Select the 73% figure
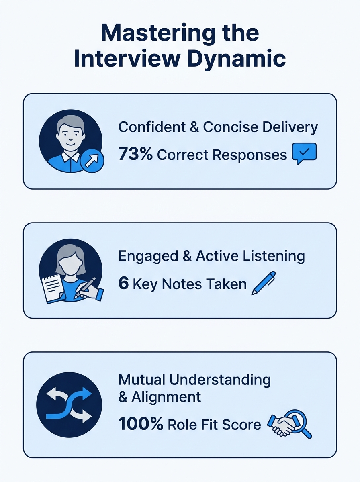pyautogui.click(x=135, y=154)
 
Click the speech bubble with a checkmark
pyautogui.click(x=305, y=153)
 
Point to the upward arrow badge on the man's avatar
pyautogui.click(x=92, y=162)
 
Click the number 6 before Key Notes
pyautogui.click(x=123, y=284)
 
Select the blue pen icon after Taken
pyautogui.click(x=264, y=283)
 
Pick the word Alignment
pyautogui.click(x=166, y=398)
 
